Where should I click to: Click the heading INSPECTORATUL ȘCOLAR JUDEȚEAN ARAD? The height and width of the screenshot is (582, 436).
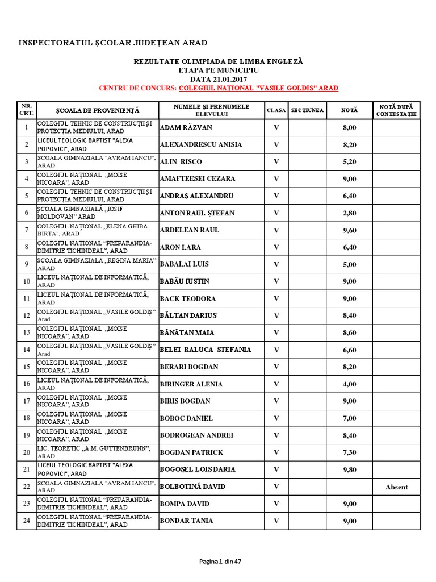click(113, 43)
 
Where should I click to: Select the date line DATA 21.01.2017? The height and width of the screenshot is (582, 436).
click(219, 79)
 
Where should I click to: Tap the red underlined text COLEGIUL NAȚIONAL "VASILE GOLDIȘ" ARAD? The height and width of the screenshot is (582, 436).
click(258, 88)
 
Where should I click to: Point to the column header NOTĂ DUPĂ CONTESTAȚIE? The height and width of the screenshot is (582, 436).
click(396, 110)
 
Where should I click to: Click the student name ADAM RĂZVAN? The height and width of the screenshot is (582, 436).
click(186, 127)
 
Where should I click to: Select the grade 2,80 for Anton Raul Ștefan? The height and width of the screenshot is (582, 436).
click(349, 213)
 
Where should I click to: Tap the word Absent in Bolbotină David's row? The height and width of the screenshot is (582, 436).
click(396, 487)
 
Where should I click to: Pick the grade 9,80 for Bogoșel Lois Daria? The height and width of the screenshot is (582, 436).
click(349, 469)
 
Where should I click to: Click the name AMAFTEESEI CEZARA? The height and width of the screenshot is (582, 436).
click(197, 178)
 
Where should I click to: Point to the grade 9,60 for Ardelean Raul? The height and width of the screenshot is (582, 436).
click(349, 230)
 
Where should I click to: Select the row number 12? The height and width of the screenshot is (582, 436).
click(26, 315)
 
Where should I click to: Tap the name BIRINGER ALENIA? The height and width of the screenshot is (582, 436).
click(191, 384)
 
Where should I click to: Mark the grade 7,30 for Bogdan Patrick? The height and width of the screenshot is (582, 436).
click(349, 452)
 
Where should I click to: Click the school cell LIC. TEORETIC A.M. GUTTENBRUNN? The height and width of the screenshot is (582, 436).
click(94, 452)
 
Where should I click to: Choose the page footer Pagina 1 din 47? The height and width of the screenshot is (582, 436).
click(220, 562)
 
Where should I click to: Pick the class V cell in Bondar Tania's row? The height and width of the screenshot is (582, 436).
click(276, 521)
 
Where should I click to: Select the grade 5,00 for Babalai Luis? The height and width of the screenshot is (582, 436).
click(349, 264)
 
